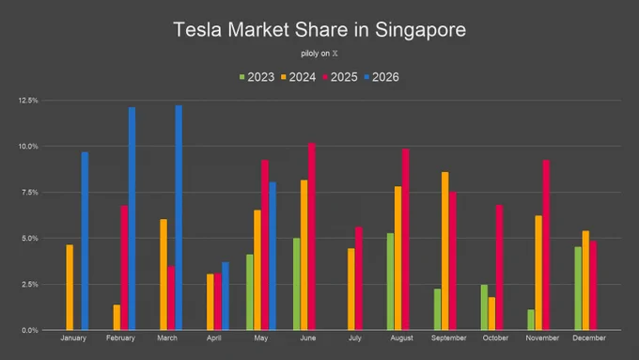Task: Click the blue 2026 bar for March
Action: pyautogui.click(x=179, y=218)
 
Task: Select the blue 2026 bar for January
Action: pyautogui.click(x=85, y=241)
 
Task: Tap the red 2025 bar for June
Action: pyautogui.click(x=312, y=237)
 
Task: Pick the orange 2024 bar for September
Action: pyautogui.click(x=445, y=251)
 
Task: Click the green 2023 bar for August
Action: pyautogui.click(x=390, y=282)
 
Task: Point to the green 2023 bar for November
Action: pyautogui.click(x=531, y=320)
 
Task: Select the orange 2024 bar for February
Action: pyautogui.click(x=117, y=317)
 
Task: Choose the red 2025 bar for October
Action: pyautogui.click(x=500, y=268)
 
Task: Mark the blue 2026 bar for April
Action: pyautogui.click(x=226, y=296)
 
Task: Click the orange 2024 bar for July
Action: pyautogui.click(x=351, y=290)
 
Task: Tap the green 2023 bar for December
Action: pyautogui.click(x=578, y=289)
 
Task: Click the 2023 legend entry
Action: pyautogui.click(x=257, y=77)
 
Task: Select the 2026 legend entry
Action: pyautogui.click(x=382, y=77)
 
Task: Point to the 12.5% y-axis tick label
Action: pyautogui.click(x=28, y=101)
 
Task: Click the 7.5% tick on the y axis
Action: pyautogui.click(x=30, y=193)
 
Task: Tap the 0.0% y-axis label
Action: pyautogui.click(x=30, y=330)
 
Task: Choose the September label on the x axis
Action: pyautogui.click(x=448, y=338)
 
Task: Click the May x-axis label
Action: pyautogui.click(x=261, y=338)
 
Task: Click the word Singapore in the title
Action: pyautogui.click(x=421, y=30)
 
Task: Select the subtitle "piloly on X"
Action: pyautogui.click(x=319, y=54)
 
